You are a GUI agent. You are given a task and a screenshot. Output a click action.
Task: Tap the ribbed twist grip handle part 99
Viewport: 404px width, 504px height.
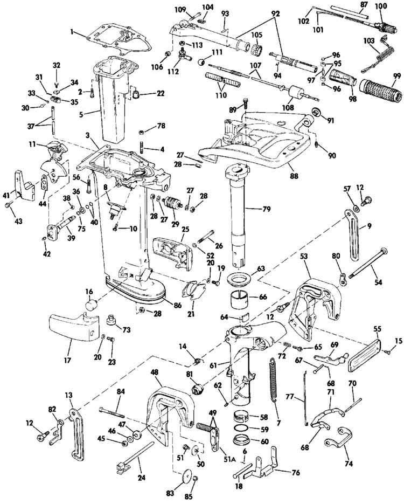point(381,90)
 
